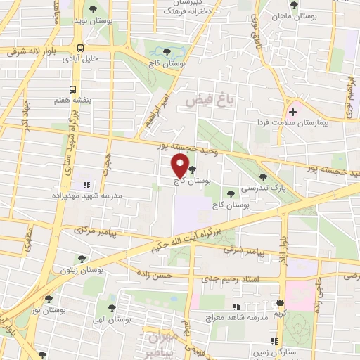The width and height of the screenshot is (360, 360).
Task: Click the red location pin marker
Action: point(180,167)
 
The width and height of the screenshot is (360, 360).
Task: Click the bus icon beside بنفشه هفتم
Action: point(73,90)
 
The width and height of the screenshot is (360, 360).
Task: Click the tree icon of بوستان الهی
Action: point(113,307)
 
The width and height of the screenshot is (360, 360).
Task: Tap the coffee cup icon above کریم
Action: point(281,302)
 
